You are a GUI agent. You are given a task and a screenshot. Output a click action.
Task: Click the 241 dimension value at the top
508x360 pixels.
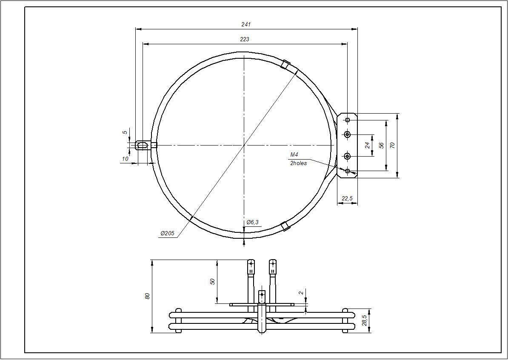tap(246, 24)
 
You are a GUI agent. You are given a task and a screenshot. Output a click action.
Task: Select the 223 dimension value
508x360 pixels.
tap(245, 39)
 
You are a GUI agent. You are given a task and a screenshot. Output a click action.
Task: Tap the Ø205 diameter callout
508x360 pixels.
tap(168, 234)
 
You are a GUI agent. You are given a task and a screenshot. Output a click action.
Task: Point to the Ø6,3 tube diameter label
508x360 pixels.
tap(252, 222)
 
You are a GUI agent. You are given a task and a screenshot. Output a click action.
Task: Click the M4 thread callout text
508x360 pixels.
tap(294, 154)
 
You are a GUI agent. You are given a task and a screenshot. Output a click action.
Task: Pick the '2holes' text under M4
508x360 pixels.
tap(298, 163)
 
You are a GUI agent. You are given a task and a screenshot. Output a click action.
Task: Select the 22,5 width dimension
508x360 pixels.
tap(347, 198)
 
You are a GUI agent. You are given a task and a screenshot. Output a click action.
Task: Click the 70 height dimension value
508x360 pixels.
tap(393, 145)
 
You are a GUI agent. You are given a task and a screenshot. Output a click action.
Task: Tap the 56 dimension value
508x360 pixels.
tap(382, 145)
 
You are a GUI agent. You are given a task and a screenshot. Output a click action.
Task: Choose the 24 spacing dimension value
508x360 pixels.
tap(367, 145)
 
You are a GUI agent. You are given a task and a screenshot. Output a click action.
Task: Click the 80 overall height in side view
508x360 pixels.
tap(147, 296)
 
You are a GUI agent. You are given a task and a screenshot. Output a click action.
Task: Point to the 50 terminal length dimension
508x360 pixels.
tap(213, 281)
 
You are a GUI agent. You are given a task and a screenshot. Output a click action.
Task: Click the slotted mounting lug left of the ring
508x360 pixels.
tap(143, 145)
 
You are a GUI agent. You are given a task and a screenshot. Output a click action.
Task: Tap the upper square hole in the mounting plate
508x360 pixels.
tap(348, 120)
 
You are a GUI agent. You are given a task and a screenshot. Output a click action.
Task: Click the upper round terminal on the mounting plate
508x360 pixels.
tap(348, 134)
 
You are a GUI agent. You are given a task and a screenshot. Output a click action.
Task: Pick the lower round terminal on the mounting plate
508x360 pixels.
tap(348, 156)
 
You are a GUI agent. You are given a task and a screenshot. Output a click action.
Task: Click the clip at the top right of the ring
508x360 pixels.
tap(285, 65)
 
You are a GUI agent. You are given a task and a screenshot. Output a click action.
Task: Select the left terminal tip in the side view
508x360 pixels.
tap(251, 267)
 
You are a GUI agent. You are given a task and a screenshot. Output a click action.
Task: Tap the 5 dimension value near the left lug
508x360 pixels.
tap(125, 132)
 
